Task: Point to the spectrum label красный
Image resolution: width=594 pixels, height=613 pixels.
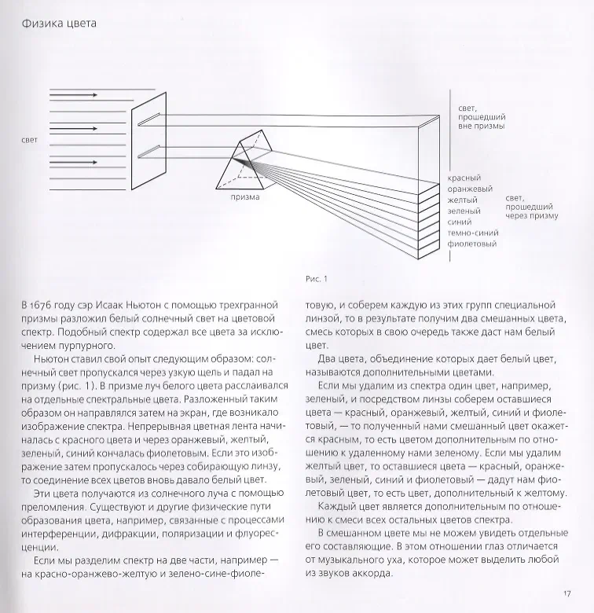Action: tap(464, 178)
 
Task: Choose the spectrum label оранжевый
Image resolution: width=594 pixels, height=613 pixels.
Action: tap(470, 189)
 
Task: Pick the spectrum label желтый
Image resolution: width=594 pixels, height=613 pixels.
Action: tap(463, 200)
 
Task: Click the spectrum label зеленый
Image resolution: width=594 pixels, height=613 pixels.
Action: tap(464, 211)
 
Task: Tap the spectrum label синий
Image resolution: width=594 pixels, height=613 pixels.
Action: tap(459, 222)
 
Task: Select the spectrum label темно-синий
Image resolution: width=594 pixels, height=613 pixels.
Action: tap(472, 233)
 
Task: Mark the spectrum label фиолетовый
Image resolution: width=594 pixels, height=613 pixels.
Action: tap(471, 244)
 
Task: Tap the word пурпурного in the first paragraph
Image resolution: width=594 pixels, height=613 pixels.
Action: tap(79, 349)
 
